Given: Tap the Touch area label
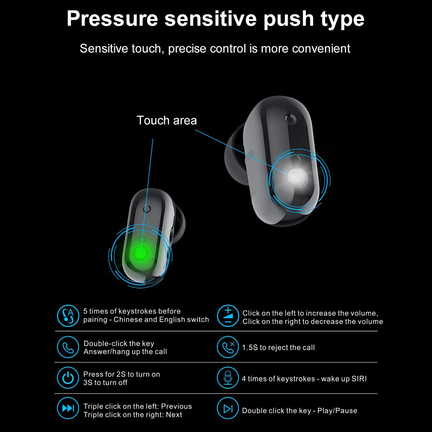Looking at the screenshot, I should click(167, 120).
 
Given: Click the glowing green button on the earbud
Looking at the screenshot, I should click(141, 253).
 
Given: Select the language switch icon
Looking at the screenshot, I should click(68, 316).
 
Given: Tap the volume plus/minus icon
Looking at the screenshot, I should click(228, 316).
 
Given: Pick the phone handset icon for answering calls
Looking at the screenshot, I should click(68, 347).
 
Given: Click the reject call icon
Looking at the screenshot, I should click(228, 347).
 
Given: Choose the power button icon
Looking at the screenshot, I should click(68, 378).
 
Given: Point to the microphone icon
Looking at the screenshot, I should click(228, 378).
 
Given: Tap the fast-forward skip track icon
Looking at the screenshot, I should click(68, 408).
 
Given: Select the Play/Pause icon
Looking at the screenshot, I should click(228, 409).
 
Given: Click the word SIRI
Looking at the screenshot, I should click(359, 379).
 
